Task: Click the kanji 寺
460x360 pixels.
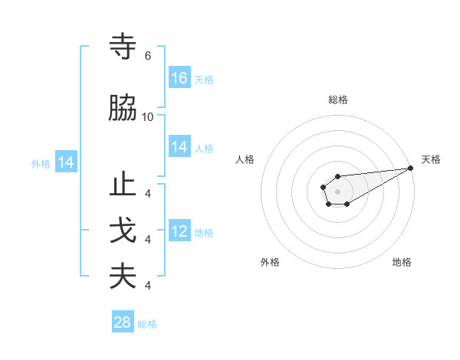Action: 123,47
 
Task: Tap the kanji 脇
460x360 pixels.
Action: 123,109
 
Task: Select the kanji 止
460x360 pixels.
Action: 123,186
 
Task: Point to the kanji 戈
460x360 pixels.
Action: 123,231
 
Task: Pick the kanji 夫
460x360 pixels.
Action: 123,277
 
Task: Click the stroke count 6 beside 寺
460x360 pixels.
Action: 148,56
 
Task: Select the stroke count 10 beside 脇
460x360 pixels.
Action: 148,117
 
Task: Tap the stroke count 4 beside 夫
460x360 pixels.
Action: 148,286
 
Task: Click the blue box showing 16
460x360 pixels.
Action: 179,77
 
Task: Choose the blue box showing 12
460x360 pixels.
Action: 179,232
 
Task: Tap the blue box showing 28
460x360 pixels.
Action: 123,322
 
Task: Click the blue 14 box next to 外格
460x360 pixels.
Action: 65,162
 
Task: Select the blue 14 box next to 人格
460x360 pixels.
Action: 179,148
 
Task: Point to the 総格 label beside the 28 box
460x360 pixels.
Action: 147,324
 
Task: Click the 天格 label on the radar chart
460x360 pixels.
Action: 431,159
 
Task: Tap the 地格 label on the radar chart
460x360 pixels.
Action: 402,262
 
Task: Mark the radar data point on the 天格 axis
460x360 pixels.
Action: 411,168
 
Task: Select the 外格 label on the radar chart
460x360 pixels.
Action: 270,262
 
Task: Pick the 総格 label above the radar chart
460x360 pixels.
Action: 337,100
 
